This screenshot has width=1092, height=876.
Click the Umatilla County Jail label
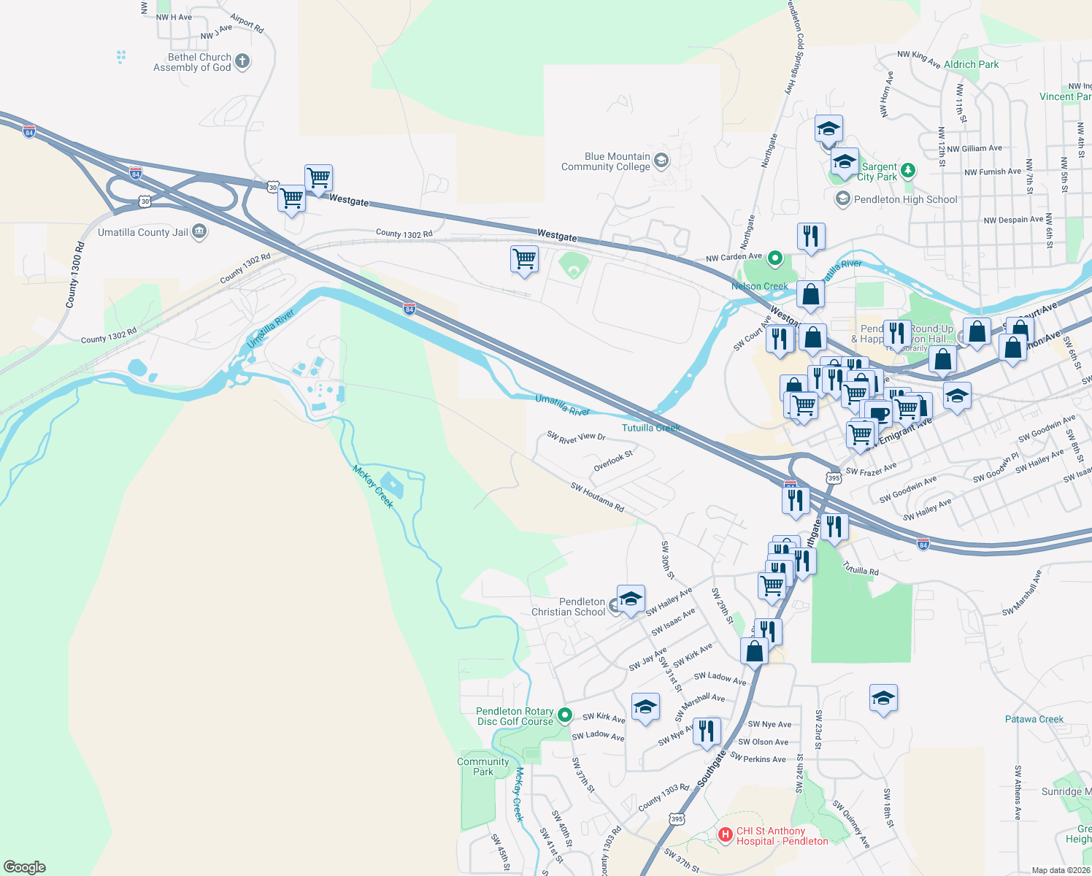click(x=143, y=232)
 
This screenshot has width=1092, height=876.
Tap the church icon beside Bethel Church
click(x=242, y=62)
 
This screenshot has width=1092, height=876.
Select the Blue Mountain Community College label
click(x=605, y=161)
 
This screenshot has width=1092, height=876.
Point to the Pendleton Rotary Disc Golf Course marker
click(x=565, y=715)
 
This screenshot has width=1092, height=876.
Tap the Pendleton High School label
click(x=905, y=199)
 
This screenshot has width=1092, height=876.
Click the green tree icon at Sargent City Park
click(x=907, y=171)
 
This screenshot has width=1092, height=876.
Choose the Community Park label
click(x=482, y=766)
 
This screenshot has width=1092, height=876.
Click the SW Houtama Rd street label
click(x=597, y=497)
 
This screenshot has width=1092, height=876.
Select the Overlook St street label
click(x=613, y=461)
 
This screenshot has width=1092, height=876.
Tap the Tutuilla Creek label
click(x=651, y=428)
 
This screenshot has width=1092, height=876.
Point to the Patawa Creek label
click(x=1034, y=719)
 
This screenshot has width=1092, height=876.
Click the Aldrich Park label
click(x=971, y=64)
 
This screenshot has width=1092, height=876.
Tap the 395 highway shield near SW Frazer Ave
click(x=834, y=477)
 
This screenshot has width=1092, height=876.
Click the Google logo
click(x=25, y=867)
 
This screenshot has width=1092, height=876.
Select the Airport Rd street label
click(x=247, y=23)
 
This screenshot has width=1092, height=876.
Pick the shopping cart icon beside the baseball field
click(x=524, y=258)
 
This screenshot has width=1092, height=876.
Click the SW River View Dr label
click(x=576, y=437)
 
